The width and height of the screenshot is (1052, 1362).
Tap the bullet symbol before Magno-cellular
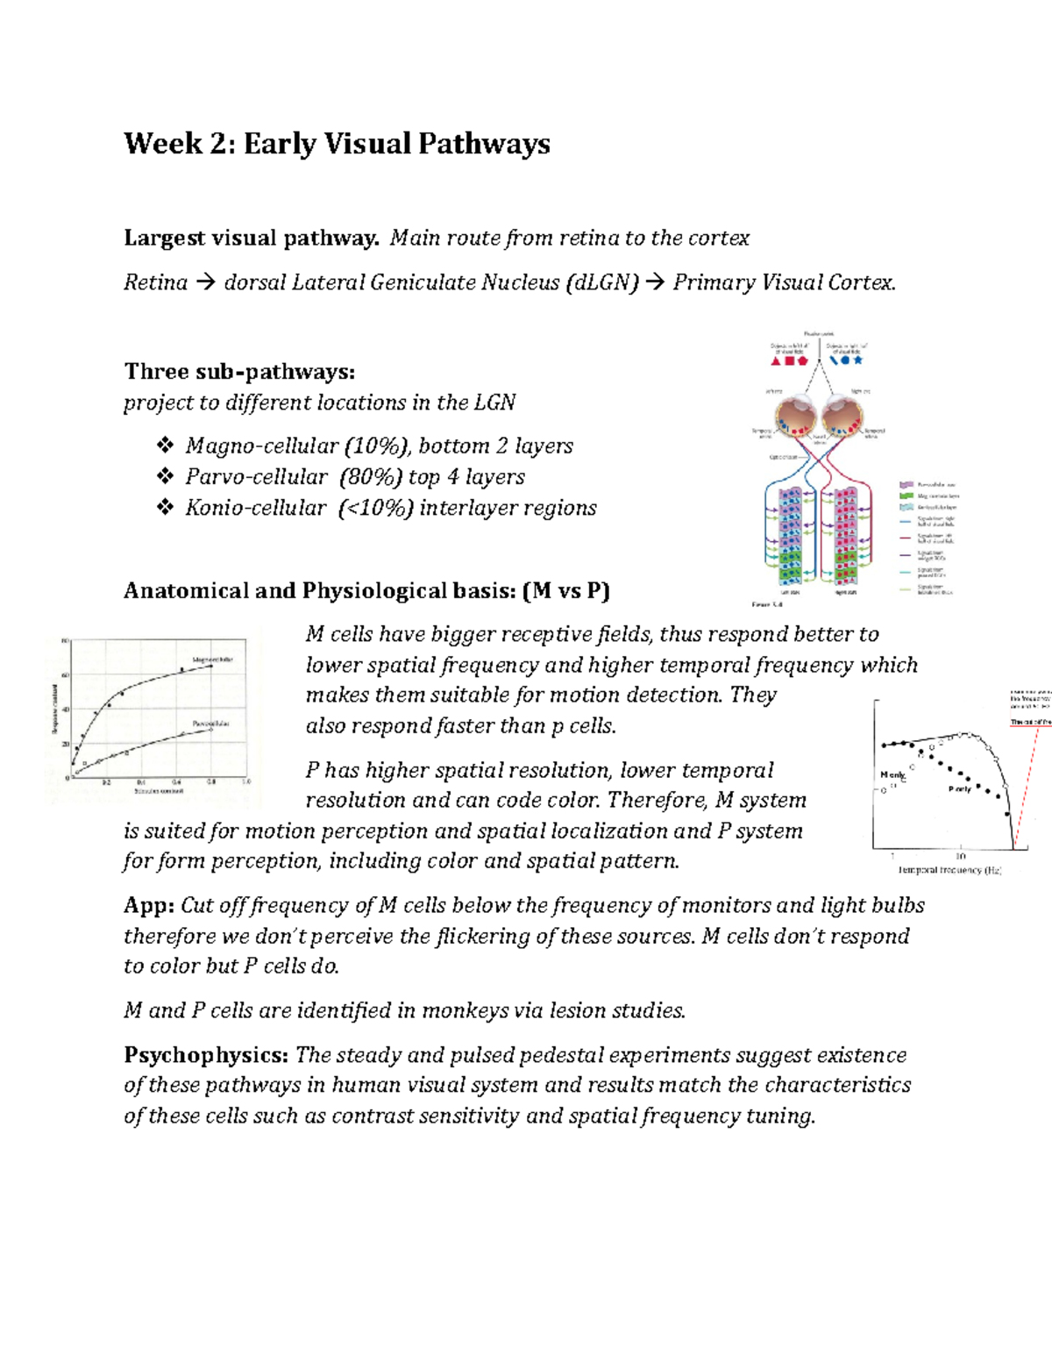pos(165,446)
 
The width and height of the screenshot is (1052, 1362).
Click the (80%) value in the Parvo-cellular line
pos(371,477)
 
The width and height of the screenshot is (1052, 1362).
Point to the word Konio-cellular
pos(255,508)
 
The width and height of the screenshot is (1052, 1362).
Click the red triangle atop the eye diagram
pos(776,360)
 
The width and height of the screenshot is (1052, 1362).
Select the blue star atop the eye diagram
pos(858,360)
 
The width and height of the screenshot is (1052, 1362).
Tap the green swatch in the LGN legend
pos(906,496)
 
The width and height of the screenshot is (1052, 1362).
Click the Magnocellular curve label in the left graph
pos(212,659)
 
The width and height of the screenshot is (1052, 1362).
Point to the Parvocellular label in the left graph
pos(211,724)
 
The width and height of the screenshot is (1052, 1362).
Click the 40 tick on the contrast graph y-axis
pos(65,710)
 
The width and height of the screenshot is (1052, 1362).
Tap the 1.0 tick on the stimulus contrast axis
pos(246,781)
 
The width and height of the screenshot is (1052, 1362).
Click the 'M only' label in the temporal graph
pos(892,775)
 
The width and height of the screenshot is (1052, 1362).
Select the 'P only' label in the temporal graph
pos(959,789)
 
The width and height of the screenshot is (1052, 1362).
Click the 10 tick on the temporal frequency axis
pos(961,856)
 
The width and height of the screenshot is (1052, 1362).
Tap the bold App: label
pos(149,905)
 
